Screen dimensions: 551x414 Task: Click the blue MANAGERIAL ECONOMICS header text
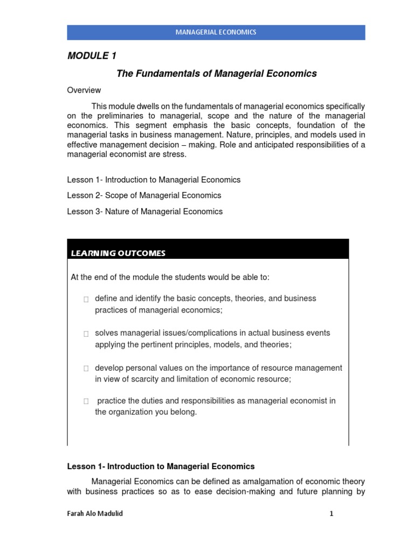pyautogui.click(x=216, y=32)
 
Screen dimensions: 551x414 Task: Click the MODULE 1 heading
pyautogui.click(x=92, y=56)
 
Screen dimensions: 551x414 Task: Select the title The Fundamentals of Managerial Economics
pyautogui.click(x=217, y=74)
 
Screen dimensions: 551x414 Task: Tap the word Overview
pyautogui.click(x=84, y=90)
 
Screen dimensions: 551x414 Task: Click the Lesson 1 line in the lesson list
pyautogui.click(x=154, y=180)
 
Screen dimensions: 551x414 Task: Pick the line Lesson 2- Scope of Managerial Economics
pyautogui.click(x=144, y=195)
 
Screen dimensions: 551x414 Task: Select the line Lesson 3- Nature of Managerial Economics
pyautogui.click(x=144, y=211)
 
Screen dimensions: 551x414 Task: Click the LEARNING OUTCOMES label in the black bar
pyautogui.click(x=118, y=253)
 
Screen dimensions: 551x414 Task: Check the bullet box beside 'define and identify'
pyautogui.click(x=86, y=299)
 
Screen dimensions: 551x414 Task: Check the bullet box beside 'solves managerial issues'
pyautogui.click(x=86, y=334)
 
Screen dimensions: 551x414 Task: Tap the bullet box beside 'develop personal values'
pyautogui.click(x=86, y=369)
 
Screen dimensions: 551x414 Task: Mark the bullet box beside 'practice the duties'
pyautogui.click(x=86, y=401)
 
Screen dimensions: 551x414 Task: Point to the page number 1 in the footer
pyautogui.click(x=332, y=514)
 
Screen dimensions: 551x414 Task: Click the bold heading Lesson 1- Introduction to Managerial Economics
pyautogui.click(x=161, y=467)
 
